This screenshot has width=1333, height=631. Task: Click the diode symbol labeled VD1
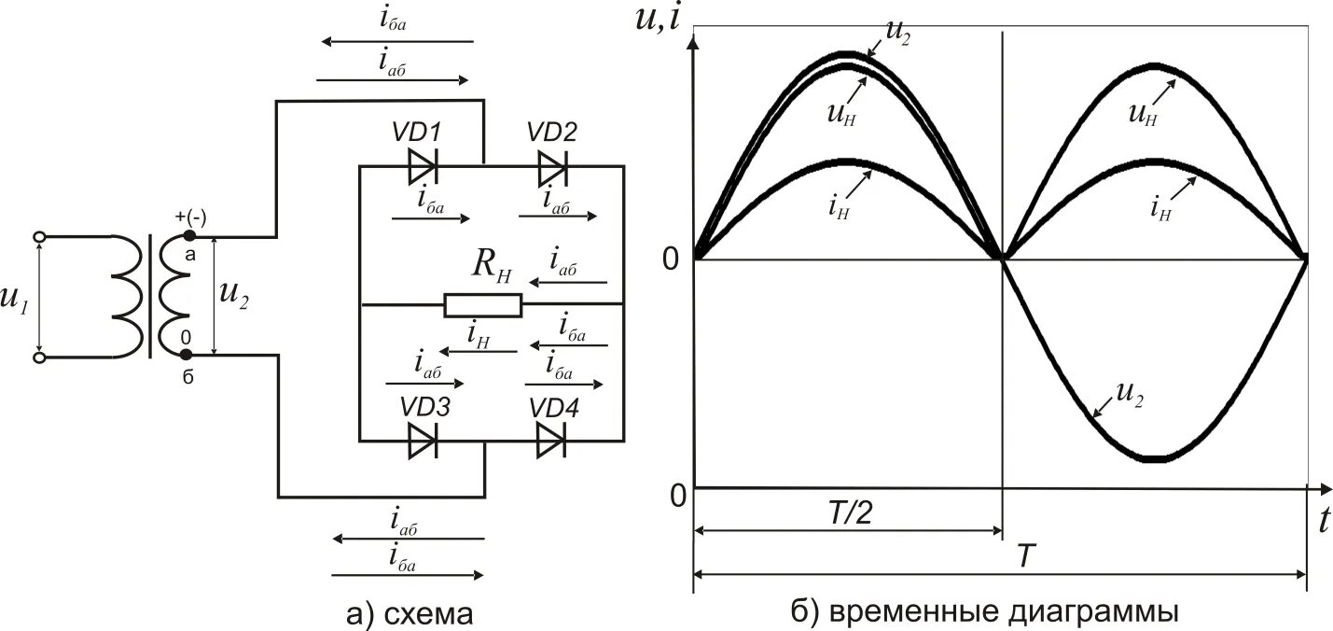pos(423,168)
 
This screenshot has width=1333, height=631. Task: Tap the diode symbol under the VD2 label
pos(552,168)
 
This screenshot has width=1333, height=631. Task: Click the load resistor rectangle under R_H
pos(482,304)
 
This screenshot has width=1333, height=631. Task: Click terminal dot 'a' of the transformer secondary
pos(188,236)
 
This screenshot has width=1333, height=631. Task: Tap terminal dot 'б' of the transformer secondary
pos(187,355)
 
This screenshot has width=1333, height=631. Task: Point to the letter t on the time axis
pos(1323,522)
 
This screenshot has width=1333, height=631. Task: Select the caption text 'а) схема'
pos(409,613)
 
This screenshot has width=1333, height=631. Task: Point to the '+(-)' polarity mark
pos(190,217)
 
